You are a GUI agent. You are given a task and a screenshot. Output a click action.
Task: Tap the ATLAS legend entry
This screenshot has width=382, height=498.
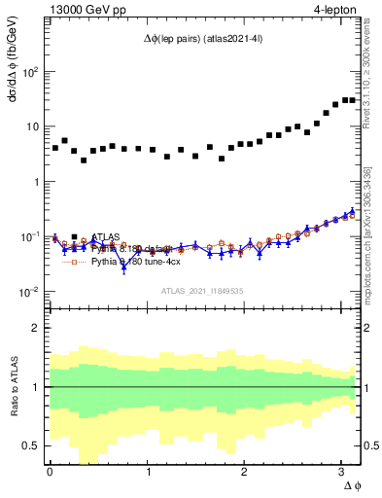(x=107, y=236)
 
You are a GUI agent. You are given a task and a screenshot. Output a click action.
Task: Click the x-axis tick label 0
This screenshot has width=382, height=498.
(x=50, y=473)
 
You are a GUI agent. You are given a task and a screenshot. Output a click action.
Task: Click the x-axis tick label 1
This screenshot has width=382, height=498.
(x=148, y=473)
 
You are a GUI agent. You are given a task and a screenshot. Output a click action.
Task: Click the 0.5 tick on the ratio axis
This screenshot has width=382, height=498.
(x=33, y=445)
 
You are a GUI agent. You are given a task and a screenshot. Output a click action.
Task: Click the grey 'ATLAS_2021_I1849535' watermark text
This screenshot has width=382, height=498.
(x=201, y=291)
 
